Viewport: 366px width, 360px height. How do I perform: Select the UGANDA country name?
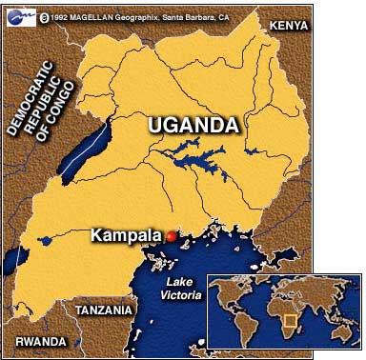click(193, 126)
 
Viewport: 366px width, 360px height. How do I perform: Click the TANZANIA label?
click(103, 310)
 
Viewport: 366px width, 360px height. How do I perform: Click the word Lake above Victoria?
click(179, 284)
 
